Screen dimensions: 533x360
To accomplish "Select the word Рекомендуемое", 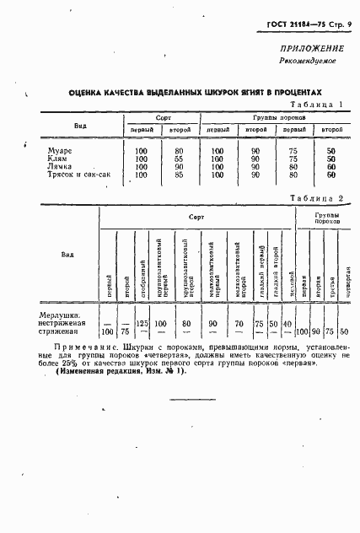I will [x=310, y=62].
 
